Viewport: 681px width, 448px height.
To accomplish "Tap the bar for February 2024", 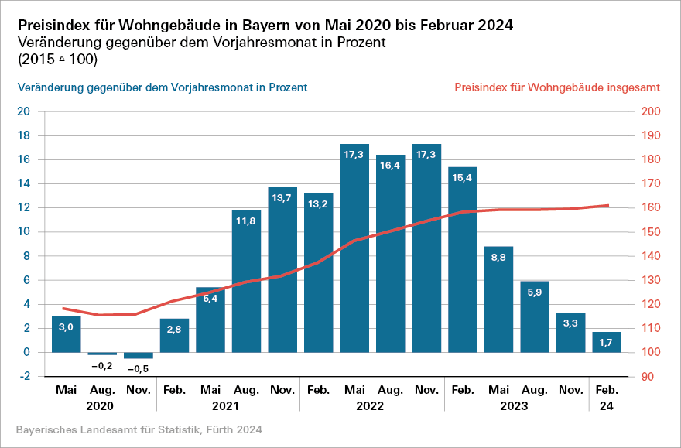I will pos(607,342).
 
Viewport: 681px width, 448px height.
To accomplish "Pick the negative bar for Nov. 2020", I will pos(139,355).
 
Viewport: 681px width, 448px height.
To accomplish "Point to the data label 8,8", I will pos(498,258).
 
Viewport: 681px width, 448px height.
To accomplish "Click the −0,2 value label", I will pos(103,365).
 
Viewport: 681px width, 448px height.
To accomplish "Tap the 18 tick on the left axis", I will pos(24,135).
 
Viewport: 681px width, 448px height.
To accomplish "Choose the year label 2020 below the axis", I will pos(100,405).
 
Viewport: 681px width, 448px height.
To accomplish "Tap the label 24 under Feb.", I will pos(607,405).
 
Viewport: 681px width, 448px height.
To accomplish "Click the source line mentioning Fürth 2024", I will pos(139,429).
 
